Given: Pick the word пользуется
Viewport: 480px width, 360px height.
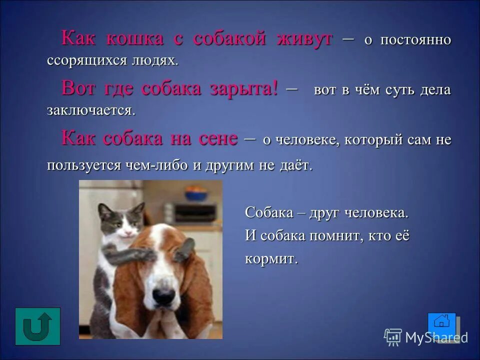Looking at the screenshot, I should pos(81,165).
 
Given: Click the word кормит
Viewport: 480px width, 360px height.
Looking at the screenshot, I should pos(270,259).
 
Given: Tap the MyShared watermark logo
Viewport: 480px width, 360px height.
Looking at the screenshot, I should pos(426,337).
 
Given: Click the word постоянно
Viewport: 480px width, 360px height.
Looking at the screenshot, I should pos(415,40).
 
